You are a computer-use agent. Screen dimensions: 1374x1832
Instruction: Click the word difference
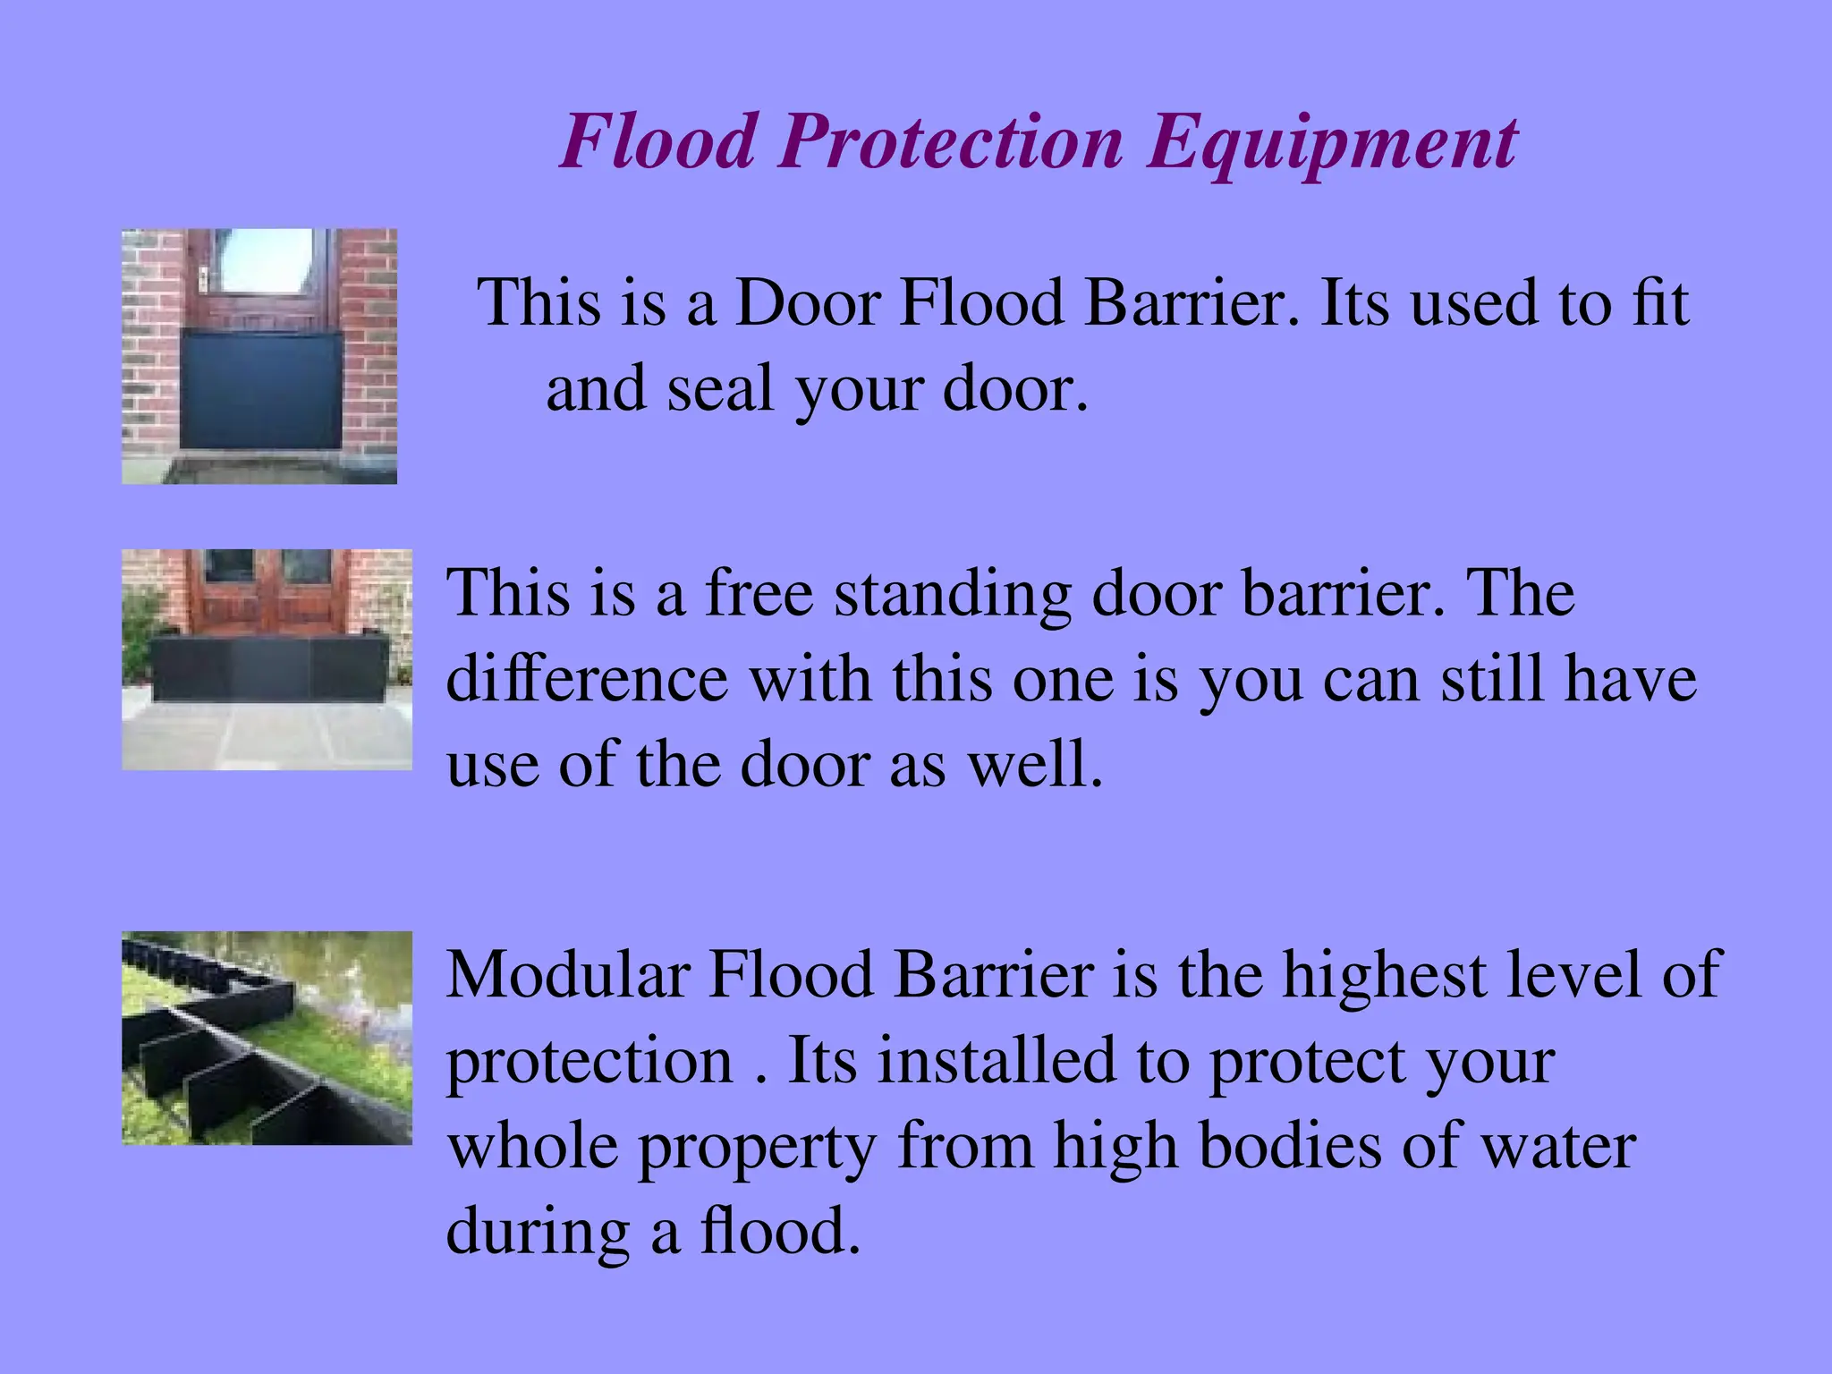click(x=587, y=678)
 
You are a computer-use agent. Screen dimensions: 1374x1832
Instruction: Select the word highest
click(x=1384, y=973)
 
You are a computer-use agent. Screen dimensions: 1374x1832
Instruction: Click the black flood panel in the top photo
click(x=260, y=388)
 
